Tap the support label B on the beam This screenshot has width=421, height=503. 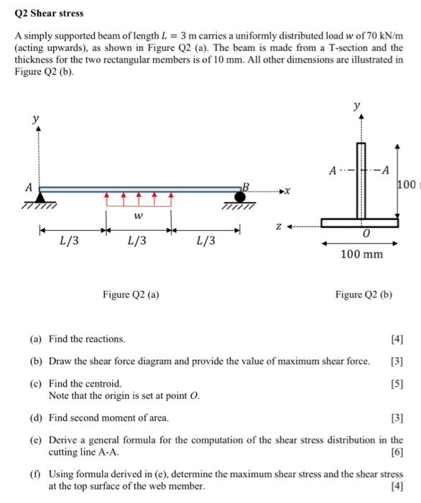click(245, 186)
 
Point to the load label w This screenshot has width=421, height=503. click(138, 216)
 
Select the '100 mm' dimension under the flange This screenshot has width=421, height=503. click(362, 254)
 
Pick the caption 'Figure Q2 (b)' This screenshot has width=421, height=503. click(363, 294)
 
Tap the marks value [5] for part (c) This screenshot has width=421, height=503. click(396, 384)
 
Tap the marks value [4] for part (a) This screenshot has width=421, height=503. click(396, 338)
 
